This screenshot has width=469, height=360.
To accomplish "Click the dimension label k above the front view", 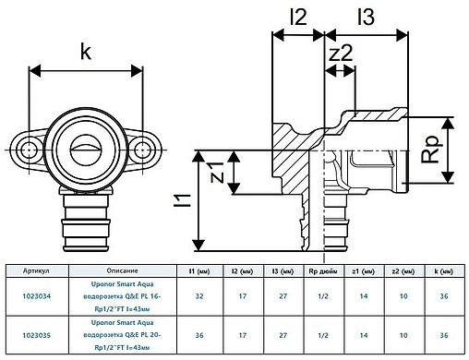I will click(x=86, y=52).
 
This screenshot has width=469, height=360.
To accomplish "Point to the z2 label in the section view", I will click(x=342, y=54).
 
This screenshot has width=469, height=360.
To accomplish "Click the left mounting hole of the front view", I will click(x=32, y=148).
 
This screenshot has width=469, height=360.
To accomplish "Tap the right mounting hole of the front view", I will click(x=138, y=148).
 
